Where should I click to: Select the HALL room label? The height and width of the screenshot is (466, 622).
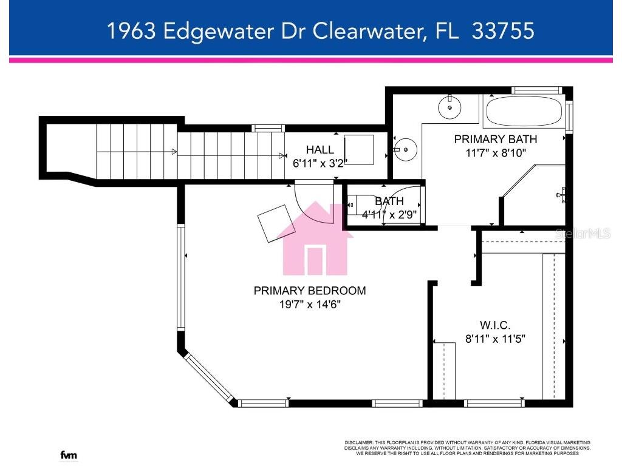tap(320, 149)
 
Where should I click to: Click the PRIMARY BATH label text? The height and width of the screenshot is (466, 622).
tap(495, 139)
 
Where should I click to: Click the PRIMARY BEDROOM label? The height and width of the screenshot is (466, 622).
tap(310, 291)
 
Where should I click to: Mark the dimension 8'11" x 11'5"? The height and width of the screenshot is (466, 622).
tap(495, 339)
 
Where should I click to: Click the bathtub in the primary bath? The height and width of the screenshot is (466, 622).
tap(522, 111)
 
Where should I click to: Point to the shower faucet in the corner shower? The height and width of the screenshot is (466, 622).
tap(562, 195)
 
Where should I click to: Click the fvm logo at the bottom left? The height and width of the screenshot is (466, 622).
tap(69, 455)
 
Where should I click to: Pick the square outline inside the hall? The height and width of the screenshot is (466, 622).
tap(359, 149)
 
